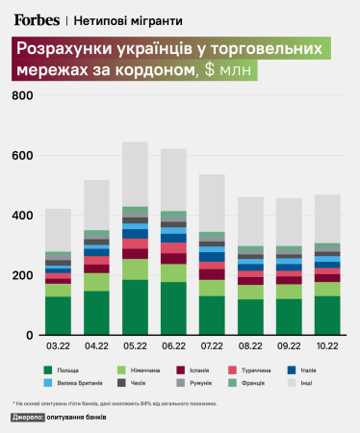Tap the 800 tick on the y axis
pyautogui.click(x=22, y=96)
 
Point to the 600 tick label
pyautogui.click(x=22, y=156)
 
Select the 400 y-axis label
pyautogui.click(x=22, y=216)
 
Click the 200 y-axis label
pyautogui.click(x=22, y=275)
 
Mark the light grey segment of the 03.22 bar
pyautogui.click(x=58, y=230)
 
